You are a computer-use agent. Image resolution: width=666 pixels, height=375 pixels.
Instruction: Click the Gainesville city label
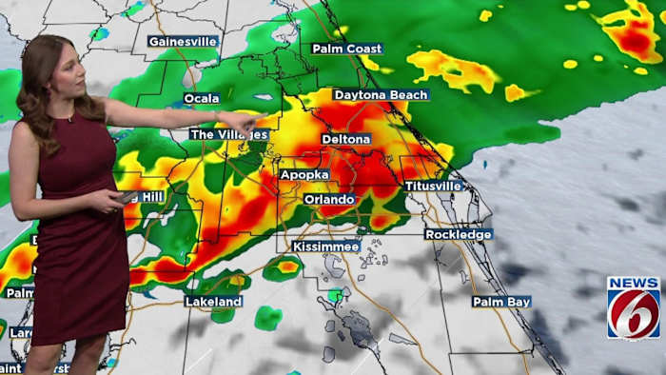[183, 42]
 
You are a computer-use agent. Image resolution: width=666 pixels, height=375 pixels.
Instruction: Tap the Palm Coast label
[347, 49]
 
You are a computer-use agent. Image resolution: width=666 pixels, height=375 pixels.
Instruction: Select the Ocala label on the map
[202, 98]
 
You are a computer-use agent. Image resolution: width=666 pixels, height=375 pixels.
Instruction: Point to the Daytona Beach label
[381, 95]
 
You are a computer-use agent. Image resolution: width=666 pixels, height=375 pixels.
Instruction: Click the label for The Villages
[228, 135]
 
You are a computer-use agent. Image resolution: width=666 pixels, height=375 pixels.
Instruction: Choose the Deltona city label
[345, 139]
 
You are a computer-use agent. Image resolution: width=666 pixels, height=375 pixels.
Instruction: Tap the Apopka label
[305, 175]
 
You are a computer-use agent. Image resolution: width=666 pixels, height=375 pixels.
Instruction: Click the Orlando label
[329, 200]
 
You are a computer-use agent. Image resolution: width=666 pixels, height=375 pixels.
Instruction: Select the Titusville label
[433, 187]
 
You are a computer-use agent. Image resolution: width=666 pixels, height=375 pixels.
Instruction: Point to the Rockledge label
[459, 234]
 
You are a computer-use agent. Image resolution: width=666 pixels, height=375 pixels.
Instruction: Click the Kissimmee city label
[325, 247]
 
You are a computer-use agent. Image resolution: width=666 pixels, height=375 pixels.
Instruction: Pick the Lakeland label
[213, 302]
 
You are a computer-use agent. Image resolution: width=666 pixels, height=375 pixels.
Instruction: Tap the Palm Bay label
[501, 302]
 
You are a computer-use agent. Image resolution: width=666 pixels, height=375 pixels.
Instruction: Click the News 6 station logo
[633, 307]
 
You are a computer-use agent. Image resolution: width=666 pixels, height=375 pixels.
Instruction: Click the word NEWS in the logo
[633, 283]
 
